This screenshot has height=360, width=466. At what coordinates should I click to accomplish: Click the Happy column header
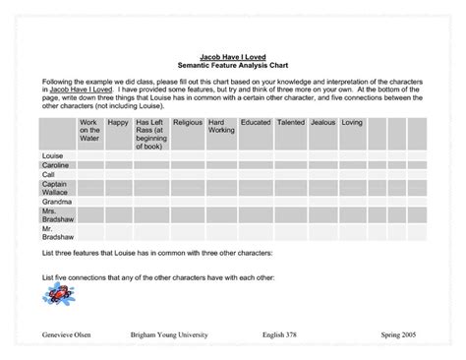click(118, 123)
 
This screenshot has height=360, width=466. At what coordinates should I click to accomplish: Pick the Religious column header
click(187, 123)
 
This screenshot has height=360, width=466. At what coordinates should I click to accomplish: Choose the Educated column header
click(255, 123)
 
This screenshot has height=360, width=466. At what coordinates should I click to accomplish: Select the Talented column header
click(291, 123)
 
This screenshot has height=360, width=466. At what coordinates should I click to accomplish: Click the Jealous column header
click(322, 123)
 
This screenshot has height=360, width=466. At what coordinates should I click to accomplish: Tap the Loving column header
click(352, 123)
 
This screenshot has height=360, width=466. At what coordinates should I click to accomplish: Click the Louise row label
click(53, 156)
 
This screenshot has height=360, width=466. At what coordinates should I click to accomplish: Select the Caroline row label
click(55, 165)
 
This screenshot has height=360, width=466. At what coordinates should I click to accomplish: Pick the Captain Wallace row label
click(56, 188)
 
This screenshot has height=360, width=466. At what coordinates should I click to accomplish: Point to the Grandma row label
click(55, 203)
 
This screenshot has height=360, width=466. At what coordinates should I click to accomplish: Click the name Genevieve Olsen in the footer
click(65, 335)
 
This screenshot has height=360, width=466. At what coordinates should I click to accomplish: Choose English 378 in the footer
click(282, 335)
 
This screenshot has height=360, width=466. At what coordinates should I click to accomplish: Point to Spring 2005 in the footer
click(398, 335)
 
